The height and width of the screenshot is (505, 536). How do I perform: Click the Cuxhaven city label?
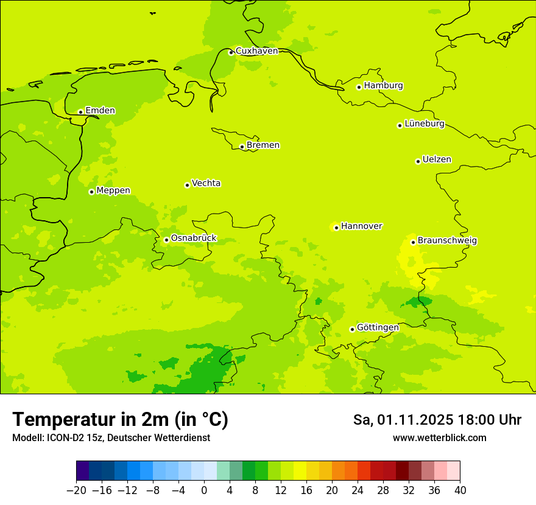(256, 51)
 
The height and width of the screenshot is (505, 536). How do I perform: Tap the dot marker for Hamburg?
(359, 87)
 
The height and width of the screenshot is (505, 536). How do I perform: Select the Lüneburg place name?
(424, 124)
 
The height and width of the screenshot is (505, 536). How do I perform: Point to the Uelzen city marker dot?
(418, 161)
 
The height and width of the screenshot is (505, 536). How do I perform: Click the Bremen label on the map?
(263, 145)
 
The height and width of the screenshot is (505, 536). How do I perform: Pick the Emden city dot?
(80, 112)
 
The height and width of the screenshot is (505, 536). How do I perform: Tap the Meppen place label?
(113, 190)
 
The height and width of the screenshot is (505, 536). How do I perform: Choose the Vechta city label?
(206, 183)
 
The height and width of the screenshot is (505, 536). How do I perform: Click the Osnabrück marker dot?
(166, 240)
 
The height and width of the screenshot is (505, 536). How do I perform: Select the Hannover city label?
(361, 226)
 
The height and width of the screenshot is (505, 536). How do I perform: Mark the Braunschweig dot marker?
(413, 242)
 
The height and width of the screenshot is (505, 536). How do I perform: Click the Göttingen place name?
(378, 327)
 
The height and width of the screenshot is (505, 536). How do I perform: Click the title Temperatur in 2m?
(120, 419)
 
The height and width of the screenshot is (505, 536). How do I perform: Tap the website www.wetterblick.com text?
(439, 437)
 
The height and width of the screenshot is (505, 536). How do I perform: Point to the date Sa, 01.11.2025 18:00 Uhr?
(437, 420)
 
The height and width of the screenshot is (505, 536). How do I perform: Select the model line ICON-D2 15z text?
(111, 437)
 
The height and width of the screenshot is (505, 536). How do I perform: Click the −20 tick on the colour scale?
(77, 490)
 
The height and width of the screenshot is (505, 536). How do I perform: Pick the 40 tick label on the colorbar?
(460, 490)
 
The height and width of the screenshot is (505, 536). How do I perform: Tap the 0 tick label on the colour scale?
(204, 490)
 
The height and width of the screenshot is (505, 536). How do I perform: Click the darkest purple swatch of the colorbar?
(83, 471)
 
